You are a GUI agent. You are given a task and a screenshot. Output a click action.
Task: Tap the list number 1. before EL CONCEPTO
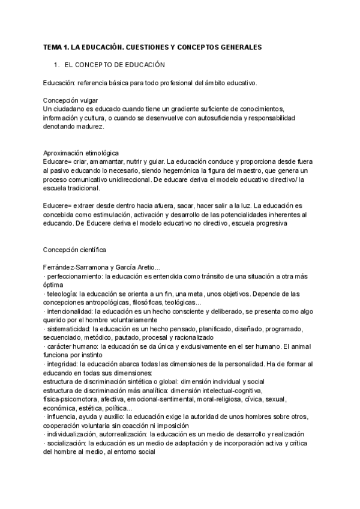pos(57,64)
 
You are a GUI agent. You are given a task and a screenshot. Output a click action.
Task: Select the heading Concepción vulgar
pos(71,100)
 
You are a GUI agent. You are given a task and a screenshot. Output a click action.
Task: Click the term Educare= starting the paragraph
pos(58,161)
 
